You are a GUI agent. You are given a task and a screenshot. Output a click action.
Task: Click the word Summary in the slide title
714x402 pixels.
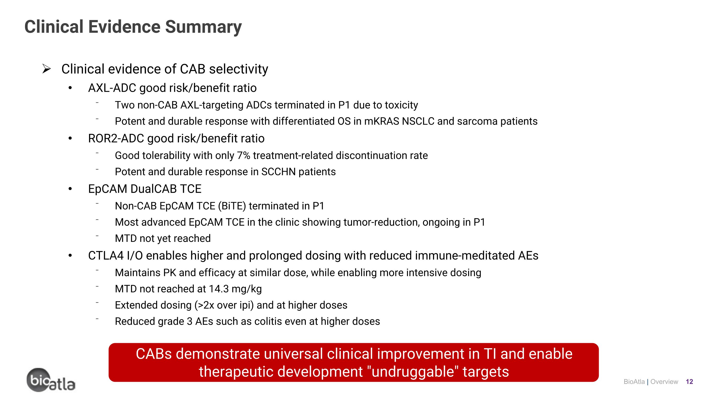(203, 27)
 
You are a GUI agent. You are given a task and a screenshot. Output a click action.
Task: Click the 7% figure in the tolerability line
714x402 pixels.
(243, 156)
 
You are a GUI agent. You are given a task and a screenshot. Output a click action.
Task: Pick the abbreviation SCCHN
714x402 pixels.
(278, 172)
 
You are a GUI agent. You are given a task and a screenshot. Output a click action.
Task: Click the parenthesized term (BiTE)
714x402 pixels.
(232, 206)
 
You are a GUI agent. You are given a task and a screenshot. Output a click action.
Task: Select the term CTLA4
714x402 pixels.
(106, 255)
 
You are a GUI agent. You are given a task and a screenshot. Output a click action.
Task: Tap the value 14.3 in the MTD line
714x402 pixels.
(218, 289)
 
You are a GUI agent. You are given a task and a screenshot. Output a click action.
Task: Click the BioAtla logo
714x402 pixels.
(51, 380)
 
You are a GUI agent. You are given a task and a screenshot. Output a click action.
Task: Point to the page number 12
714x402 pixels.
(689, 382)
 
